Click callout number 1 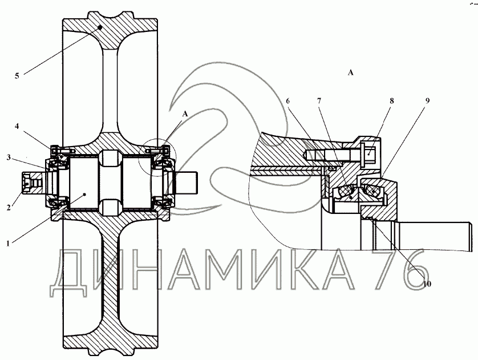(7, 243)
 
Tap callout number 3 (7, 156)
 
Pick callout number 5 (17, 75)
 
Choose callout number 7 (319, 100)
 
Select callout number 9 (427, 100)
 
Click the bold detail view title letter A (351, 72)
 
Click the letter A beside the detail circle (184, 114)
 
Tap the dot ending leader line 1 (85, 194)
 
